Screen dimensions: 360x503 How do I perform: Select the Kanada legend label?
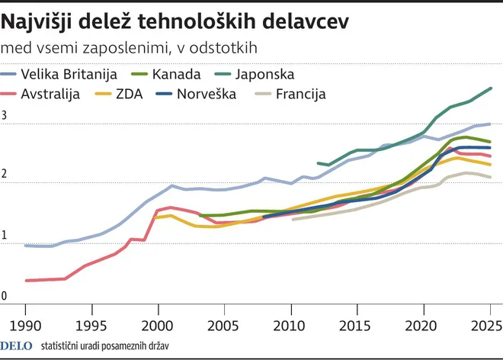click(x=176, y=75)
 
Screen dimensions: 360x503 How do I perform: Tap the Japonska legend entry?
click(x=264, y=75)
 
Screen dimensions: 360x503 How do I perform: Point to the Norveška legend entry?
click(x=207, y=95)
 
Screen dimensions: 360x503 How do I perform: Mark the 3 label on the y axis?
click(x=5, y=117)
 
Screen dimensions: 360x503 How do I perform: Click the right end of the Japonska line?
click(x=490, y=88)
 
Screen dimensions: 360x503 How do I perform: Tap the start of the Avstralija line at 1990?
click(x=26, y=281)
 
